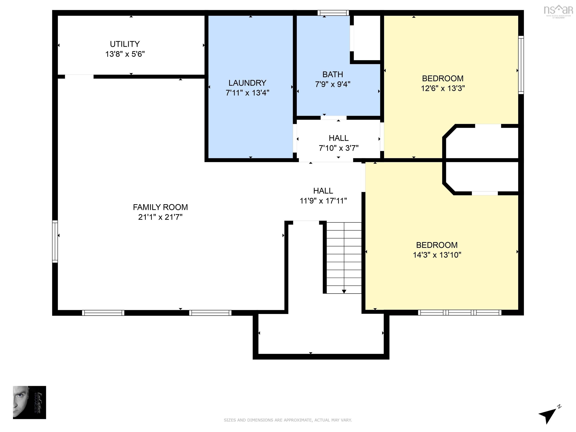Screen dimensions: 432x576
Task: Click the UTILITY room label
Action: (125, 44)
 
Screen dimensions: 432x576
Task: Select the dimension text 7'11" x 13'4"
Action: (247, 93)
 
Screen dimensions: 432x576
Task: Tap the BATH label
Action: (332, 74)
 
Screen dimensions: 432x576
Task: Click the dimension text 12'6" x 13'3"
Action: (443, 88)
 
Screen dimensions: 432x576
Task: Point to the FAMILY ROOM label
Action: (160, 207)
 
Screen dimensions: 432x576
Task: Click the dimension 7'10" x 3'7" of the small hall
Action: (338, 148)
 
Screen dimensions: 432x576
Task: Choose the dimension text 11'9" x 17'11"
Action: (323, 201)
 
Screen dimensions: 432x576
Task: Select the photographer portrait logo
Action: (29, 402)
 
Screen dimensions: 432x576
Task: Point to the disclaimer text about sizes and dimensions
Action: (288, 420)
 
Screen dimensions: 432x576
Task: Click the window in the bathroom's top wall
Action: (333, 13)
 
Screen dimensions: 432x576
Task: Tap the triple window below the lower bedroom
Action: (460, 313)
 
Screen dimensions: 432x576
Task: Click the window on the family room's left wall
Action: (55, 241)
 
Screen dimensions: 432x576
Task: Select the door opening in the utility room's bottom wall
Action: (79, 76)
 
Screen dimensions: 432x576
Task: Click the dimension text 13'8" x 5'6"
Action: (125, 54)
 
